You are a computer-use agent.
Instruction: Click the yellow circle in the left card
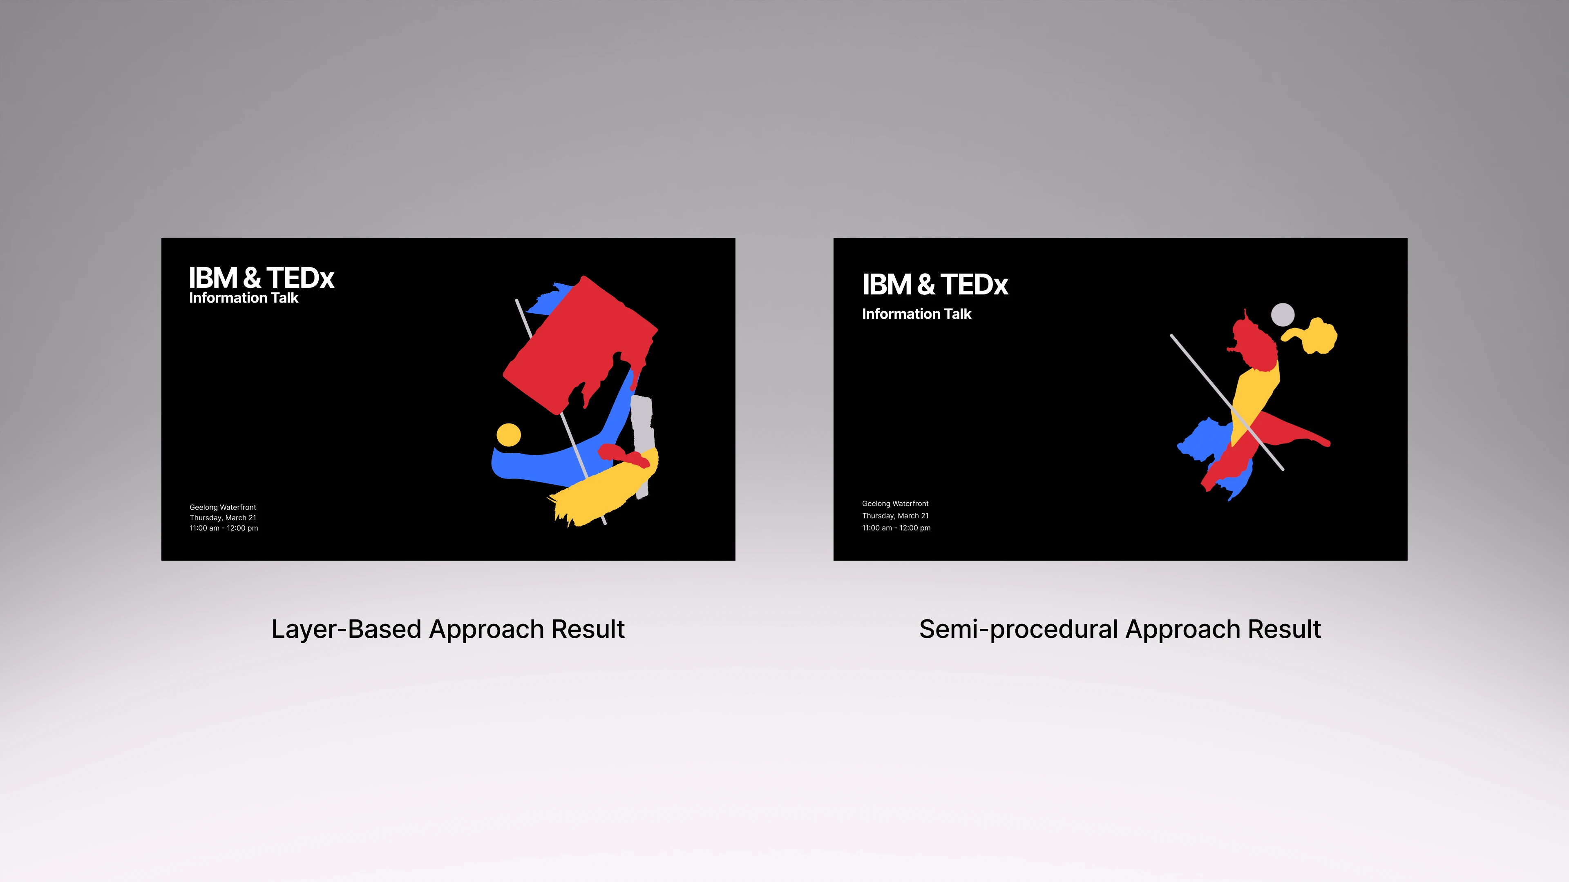tap(509, 434)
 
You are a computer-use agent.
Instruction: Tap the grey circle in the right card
tap(1283, 315)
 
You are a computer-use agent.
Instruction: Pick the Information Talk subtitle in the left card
tap(244, 298)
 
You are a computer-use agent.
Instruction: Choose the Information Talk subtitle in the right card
tap(916, 314)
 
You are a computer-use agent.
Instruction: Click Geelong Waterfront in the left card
tap(223, 507)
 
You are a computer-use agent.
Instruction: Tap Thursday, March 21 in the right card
tap(895, 516)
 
